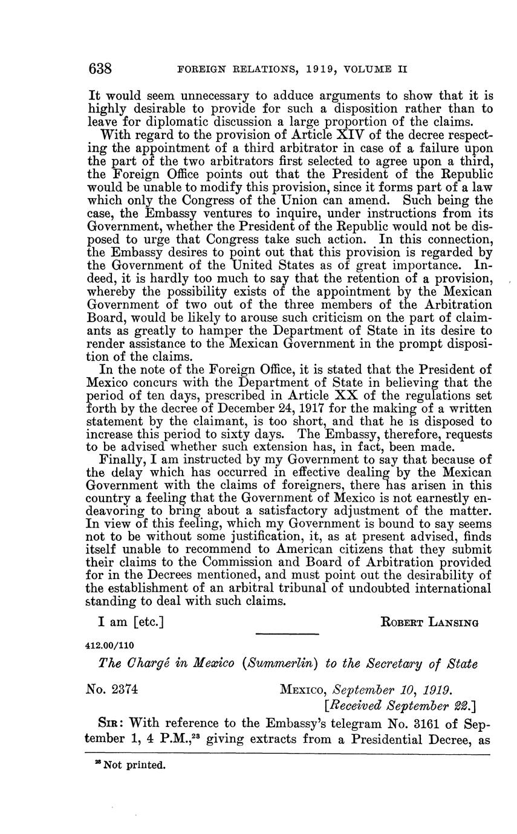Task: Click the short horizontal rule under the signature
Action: (287, 633)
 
